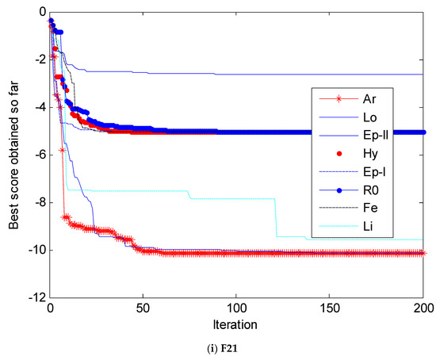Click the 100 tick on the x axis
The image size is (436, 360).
237,310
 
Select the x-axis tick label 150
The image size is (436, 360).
331,310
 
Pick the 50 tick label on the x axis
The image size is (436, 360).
143,310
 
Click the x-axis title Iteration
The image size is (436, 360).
237,325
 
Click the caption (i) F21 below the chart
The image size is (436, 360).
237,347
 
